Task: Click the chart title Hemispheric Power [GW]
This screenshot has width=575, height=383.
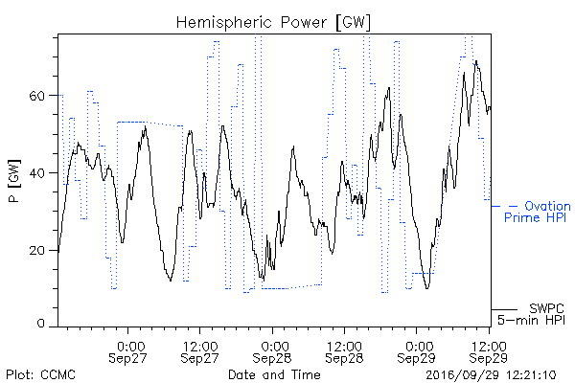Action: (x=273, y=23)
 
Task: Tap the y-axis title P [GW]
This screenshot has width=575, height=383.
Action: (x=14, y=181)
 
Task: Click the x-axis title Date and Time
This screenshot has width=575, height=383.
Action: (x=274, y=374)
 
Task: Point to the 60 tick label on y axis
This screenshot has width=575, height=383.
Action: (x=36, y=96)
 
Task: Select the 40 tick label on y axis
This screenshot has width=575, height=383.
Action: (x=36, y=173)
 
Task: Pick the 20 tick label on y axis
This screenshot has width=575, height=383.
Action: (x=36, y=251)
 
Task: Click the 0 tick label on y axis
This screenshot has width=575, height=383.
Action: (x=40, y=324)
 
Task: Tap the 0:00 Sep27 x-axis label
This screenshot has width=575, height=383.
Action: (x=127, y=352)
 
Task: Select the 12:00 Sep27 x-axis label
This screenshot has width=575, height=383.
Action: (x=200, y=352)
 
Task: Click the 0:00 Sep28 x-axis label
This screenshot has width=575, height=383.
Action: (x=272, y=352)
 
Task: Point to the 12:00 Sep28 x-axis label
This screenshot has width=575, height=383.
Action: (x=344, y=352)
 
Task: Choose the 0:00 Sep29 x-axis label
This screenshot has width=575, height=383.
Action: (x=416, y=352)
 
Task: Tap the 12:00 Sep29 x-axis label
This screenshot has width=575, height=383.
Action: (x=489, y=352)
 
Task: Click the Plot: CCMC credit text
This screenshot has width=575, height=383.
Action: (x=40, y=375)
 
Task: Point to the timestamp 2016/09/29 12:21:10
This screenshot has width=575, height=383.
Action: (x=491, y=375)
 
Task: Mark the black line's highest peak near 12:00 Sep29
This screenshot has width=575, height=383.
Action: (x=476, y=61)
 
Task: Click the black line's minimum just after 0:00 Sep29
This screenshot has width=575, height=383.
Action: (x=426, y=288)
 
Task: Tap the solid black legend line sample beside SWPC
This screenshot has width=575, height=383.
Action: (x=504, y=309)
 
